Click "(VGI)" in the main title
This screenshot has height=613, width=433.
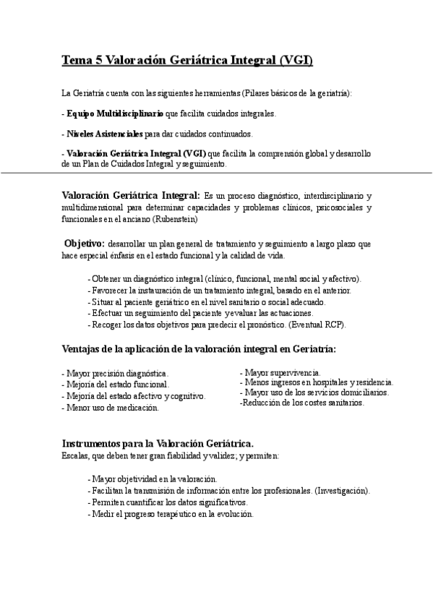295,61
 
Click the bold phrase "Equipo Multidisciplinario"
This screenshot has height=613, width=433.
114,113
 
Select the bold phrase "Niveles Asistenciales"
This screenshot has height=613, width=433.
104,134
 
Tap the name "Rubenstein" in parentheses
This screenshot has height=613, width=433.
175,218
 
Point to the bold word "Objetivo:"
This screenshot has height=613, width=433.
85,243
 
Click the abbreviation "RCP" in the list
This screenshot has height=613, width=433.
334,325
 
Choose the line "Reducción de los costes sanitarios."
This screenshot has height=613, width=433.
301,403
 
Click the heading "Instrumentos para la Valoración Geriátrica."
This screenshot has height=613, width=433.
158,442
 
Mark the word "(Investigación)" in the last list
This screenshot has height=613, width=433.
343,491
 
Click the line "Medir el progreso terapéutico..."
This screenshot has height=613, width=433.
170,514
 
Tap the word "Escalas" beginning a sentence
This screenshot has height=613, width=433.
76,456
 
